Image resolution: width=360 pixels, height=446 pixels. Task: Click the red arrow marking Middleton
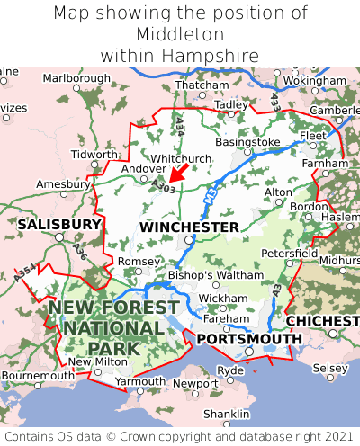pos(180,171)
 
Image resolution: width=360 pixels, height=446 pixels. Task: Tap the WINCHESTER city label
pos(189,227)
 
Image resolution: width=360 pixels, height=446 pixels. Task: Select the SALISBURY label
pos(59,223)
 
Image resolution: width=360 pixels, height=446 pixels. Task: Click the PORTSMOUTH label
pos(249,338)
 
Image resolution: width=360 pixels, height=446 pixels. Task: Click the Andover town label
pos(144,168)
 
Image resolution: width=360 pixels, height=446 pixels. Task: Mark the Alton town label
pos(278,192)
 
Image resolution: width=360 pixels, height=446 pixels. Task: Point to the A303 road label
pos(164,185)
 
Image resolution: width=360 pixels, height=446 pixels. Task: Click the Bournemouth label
pos(38,375)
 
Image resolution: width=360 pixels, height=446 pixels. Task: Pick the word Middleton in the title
pos(180,34)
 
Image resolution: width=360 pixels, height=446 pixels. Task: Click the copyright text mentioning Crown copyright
pos(180,436)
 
